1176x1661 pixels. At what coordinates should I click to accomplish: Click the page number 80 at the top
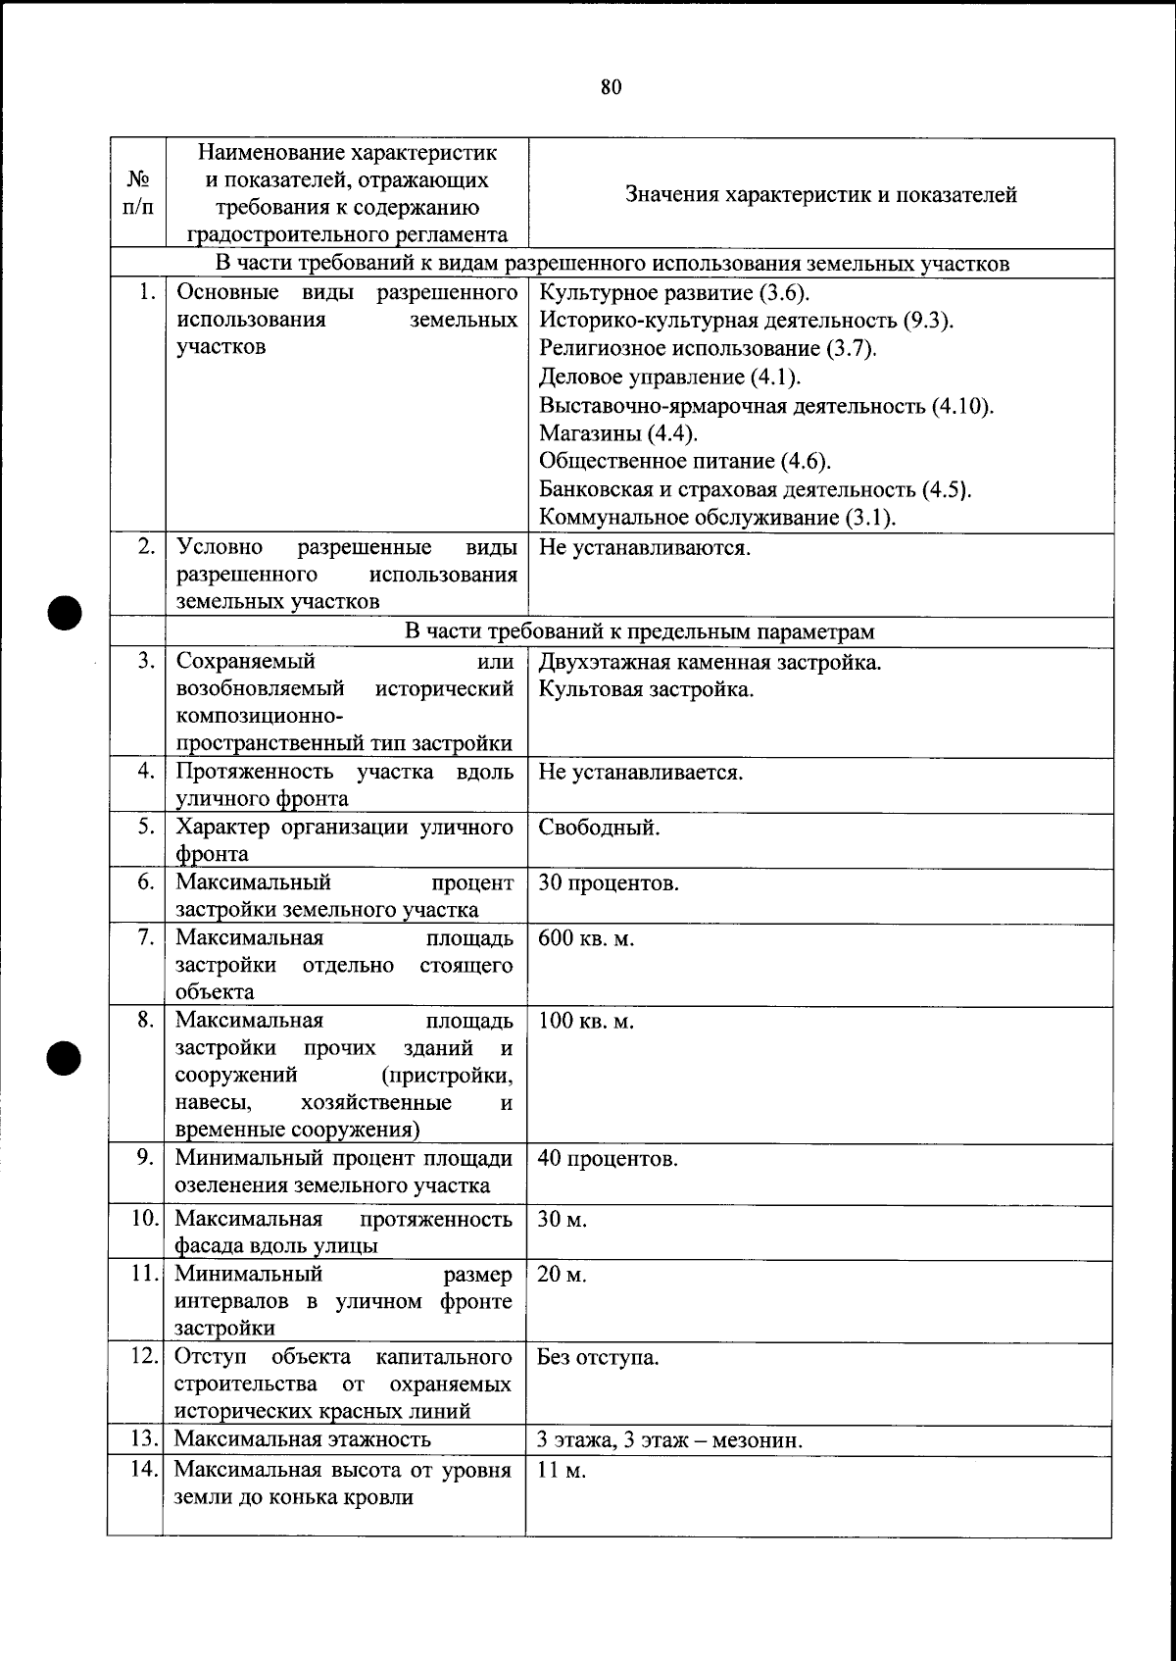[x=611, y=87]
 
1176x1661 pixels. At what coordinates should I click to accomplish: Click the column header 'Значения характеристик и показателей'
[x=820, y=194]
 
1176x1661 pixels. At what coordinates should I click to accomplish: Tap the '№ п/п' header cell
[x=138, y=194]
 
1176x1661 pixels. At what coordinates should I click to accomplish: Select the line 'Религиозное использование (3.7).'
[x=708, y=349]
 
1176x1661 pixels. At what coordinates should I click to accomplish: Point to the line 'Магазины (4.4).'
[x=618, y=433]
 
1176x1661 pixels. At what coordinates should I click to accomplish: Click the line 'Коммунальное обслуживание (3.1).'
[x=717, y=518]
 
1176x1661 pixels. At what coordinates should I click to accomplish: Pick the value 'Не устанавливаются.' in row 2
[x=644, y=547]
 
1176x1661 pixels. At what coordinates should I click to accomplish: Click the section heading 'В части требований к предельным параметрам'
[x=639, y=632]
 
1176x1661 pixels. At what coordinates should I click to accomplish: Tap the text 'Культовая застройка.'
[x=646, y=689]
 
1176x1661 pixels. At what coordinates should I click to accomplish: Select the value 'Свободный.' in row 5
[x=599, y=828]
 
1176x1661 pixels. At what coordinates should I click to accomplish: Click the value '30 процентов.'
[x=608, y=882]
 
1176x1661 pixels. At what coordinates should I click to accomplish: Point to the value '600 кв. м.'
[x=586, y=938]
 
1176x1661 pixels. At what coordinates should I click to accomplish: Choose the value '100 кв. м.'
[x=586, y=1021]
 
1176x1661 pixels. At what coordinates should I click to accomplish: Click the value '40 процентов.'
[x=608, y=1159]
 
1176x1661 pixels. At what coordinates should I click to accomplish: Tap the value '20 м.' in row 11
[x=562, y=1275]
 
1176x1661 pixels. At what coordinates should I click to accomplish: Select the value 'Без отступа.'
[x=598, y=1358]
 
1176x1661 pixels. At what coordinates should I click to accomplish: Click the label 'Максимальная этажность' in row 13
[x=302, y=1439]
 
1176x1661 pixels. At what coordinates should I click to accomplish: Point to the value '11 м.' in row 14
[x=561, y=1471]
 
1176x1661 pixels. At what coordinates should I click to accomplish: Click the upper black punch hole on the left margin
[x=64, y=613]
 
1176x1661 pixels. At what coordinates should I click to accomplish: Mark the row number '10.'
[x=145, y=1219]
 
